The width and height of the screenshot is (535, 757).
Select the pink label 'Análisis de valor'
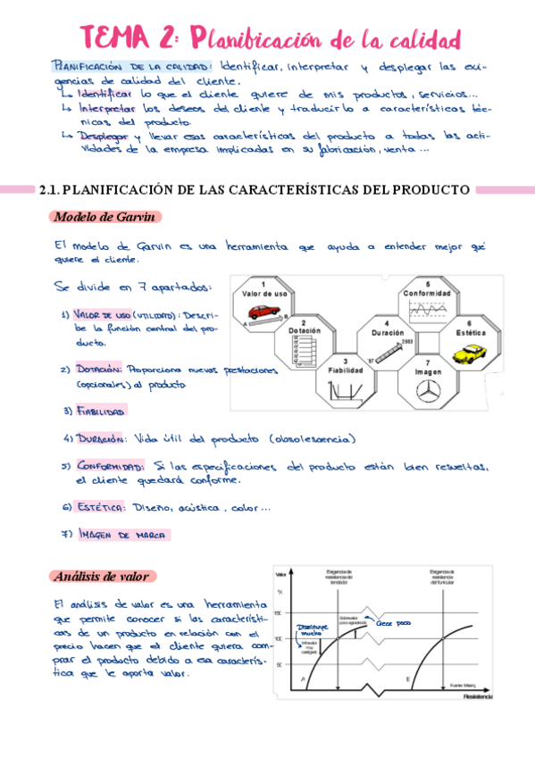coord(100,576)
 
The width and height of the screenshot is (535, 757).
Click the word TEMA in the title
coord(118,38)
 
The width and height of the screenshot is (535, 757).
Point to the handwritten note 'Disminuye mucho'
coord(313,630)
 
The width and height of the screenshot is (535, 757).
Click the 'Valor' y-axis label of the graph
coord(281,574)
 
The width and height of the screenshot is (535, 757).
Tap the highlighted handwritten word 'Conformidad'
coord(109,466)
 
